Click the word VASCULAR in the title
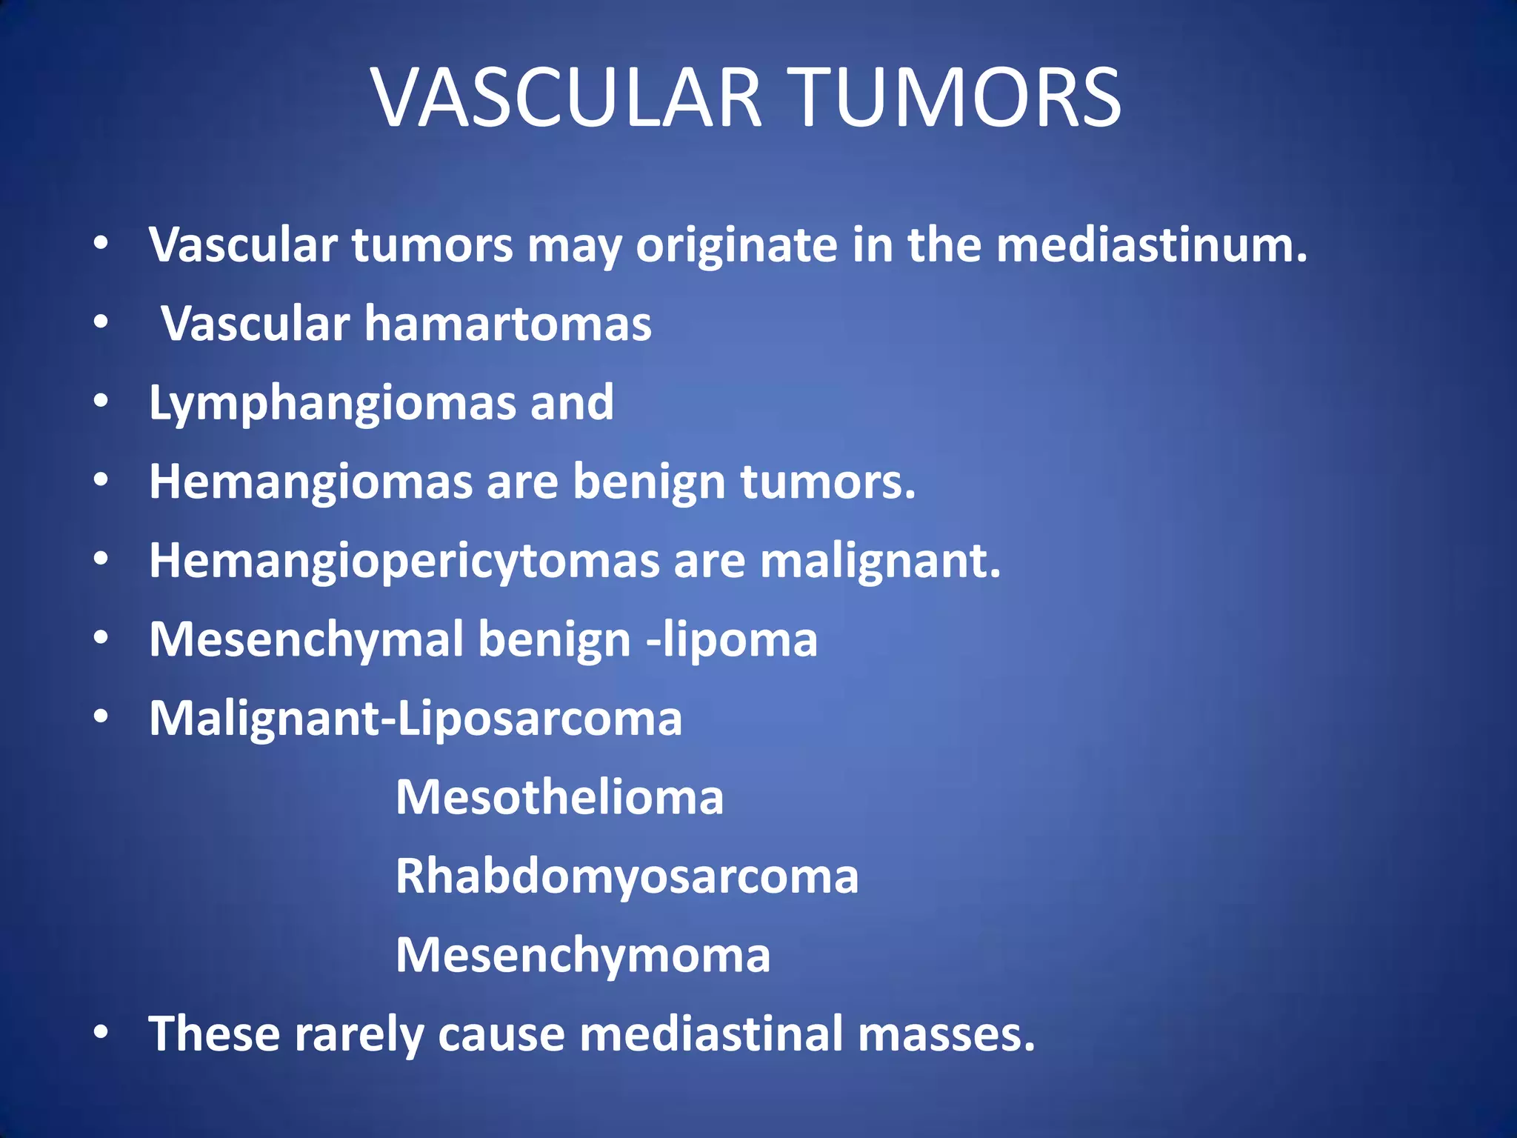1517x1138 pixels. [567, 98]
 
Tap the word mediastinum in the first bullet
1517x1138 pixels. [1151, 244]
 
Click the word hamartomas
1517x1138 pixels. [507, 324]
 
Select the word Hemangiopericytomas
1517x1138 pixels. [404, 562]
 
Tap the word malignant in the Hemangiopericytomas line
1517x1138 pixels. [880, 562]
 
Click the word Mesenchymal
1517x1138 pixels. [306, 641]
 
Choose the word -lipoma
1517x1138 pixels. [732, 641]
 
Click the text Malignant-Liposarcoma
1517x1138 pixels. [415, 719]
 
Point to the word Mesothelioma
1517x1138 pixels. [559, 797]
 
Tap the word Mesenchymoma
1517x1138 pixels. [583, 955]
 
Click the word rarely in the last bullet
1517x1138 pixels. [359, 1034]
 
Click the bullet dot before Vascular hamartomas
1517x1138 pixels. [101, 323]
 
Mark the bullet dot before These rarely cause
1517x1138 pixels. [101, 1032]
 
